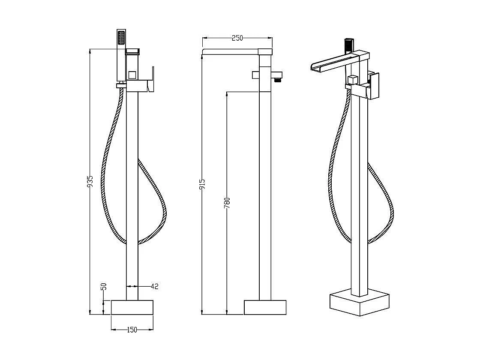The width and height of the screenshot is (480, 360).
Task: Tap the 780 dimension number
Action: (x=227, y=203)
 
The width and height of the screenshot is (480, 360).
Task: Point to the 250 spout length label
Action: (x=237, y=38)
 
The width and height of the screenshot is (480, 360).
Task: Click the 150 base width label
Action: (x=132, y=330)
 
